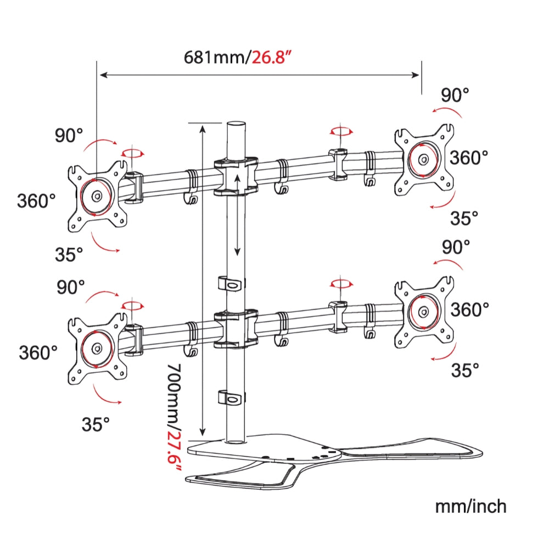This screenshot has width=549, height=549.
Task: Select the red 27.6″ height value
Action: click(174, 451)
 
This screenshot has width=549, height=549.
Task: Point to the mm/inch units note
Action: click(470, 506)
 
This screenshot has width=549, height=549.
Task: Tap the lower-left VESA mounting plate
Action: click(97, 348)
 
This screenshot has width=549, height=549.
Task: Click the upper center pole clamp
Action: click(236, 176)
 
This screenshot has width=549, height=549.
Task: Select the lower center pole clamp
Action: click(236, 328)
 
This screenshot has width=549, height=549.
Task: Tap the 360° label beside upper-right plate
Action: click(469, 158)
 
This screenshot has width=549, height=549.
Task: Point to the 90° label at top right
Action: click(456, 96)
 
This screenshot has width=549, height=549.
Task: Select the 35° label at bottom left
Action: click(96, 424)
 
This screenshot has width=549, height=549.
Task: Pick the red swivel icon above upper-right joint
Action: click(340, 132)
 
